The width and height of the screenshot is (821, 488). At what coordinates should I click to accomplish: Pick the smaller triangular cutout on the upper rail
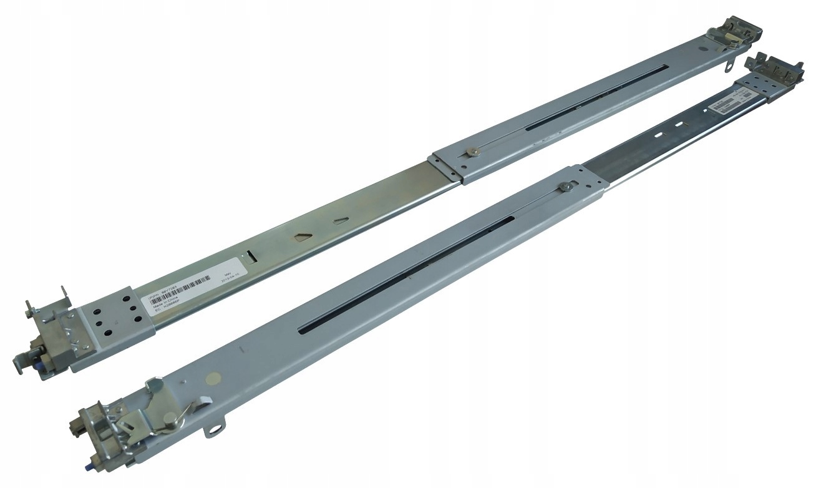point(340,220)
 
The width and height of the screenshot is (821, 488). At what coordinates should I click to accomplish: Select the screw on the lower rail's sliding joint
point(566,185)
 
